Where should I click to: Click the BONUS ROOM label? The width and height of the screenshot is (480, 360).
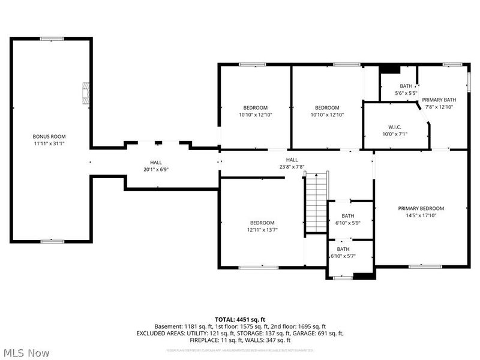point(49,136)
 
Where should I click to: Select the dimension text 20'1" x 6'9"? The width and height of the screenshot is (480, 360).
point(156,169)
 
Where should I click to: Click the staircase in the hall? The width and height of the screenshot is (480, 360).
point(316,202)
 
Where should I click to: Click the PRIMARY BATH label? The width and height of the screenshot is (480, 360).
point(439,100)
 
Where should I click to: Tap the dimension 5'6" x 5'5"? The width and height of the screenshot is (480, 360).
point(406,93)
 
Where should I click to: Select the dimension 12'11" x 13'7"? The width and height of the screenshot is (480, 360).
point(262,229)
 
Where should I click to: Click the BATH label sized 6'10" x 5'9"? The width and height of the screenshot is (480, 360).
point(348,216)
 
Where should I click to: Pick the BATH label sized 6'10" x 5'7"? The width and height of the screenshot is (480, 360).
point(343,249)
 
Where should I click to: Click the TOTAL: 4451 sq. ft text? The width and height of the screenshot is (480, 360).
point(240,319)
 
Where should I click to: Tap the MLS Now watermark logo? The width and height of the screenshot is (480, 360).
point(26,352)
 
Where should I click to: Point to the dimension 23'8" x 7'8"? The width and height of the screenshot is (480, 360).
point(292,167)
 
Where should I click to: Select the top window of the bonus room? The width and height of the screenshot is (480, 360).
point(52,39)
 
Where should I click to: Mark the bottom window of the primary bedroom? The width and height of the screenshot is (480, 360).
point(425,266)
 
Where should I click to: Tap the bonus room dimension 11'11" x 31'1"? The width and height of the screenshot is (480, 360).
point(49,143)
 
